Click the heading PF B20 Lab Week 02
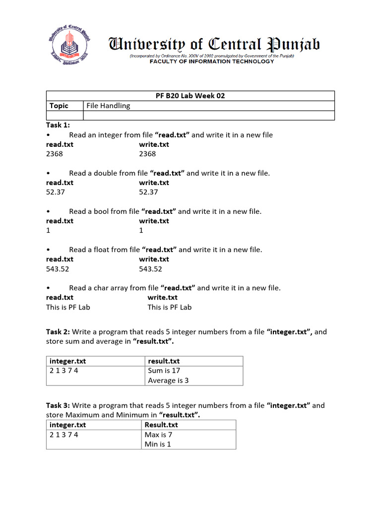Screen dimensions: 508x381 point(190,96)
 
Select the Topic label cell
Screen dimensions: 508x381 point(59,106)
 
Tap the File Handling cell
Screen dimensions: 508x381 point(108,106)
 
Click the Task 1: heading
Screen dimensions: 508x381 point(58,125)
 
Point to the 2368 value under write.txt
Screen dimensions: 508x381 point(147,154)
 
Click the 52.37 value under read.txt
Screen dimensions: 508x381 point(56,192)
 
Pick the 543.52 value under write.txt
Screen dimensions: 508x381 point(151,269)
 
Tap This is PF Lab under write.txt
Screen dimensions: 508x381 point(169,307)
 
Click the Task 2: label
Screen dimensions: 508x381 point(59,332)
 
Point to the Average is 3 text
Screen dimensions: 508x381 point(168,381)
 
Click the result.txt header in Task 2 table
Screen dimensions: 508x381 point(164,361)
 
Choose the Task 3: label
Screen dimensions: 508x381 point(59,405)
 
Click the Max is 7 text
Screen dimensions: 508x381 point(158,435)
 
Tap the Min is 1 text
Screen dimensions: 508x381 point(157,444)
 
